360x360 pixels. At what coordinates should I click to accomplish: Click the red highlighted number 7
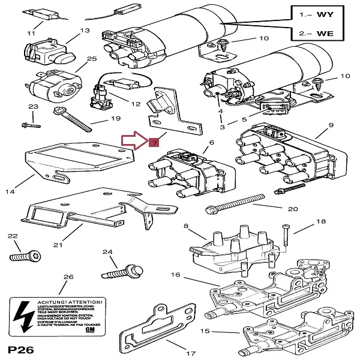point(154,143)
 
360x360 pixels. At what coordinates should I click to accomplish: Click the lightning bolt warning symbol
point(25,315)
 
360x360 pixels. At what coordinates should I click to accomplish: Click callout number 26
point(68,277)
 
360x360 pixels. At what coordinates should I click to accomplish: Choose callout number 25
point(91,59)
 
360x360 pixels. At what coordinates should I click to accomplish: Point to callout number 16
point(175,275)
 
